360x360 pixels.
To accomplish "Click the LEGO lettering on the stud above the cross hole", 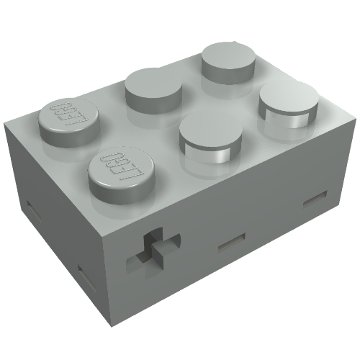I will pyautogui.click(x=114, y=164).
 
